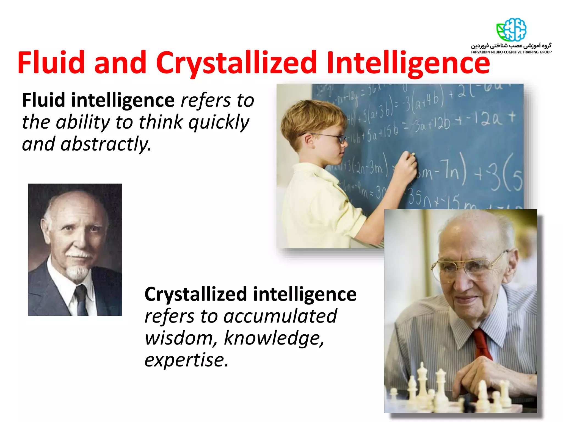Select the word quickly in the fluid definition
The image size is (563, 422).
pos(219,122)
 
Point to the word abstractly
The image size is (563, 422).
pos(106,144)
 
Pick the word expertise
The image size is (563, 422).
pos(186,360)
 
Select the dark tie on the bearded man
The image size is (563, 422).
pos(81,299)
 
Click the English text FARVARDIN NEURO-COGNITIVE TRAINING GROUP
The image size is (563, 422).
pos(511,52)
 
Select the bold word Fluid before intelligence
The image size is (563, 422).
pos(43,100)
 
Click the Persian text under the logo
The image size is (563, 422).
pos(511,46)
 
